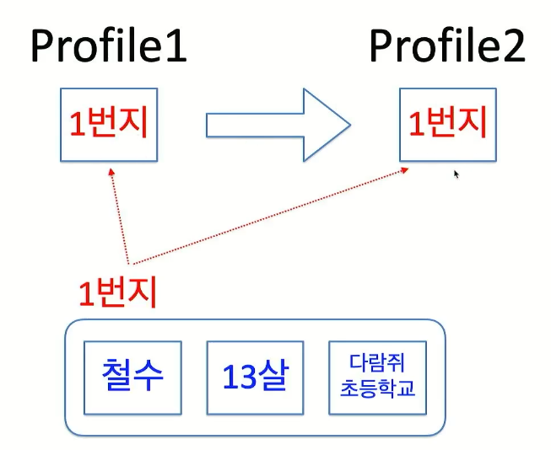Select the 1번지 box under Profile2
pos(447,124)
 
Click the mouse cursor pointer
pos(456,174)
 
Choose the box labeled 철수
pos(132,377)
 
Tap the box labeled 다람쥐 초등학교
pos(377,377)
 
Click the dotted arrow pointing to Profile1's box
pos(118,215)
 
